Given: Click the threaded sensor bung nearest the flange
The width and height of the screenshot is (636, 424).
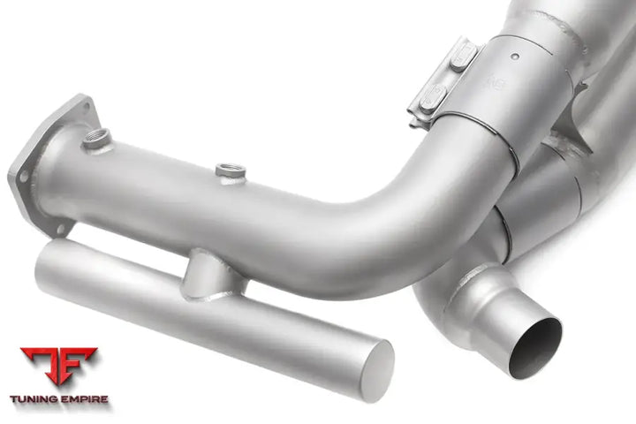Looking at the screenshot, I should click(97, 138).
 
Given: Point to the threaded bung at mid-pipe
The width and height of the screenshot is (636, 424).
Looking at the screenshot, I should click(231, 170).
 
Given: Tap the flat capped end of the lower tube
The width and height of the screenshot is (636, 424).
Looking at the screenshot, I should click(376, 370).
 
